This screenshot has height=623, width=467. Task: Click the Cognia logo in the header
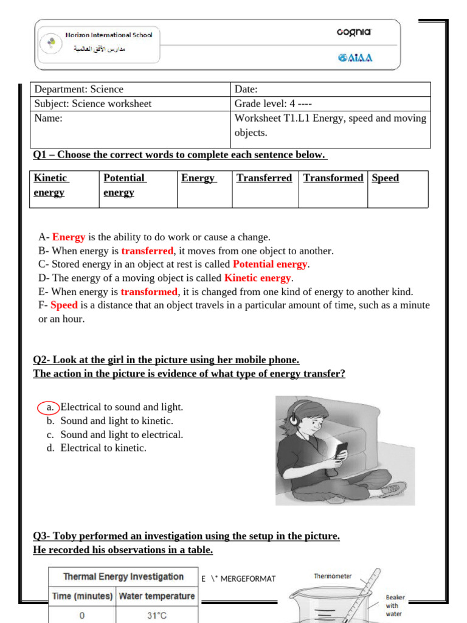(353, 33)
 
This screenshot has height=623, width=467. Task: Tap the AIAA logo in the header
(355, 58)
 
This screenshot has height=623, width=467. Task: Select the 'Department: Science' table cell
(130, 89)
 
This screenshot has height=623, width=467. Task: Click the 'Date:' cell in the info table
(330, 89)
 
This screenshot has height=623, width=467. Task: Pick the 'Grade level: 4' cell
(330, 103)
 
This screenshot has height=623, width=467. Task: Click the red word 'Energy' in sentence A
(68, 237)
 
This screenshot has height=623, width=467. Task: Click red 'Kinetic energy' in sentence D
(257, 278)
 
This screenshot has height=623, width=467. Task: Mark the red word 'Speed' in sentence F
(64, 305)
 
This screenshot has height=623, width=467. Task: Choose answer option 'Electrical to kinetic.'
(103, 448)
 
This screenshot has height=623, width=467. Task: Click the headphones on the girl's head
(296, 416)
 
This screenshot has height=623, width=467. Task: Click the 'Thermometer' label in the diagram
(333, 576)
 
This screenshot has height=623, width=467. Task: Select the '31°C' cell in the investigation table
(156, 615)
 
